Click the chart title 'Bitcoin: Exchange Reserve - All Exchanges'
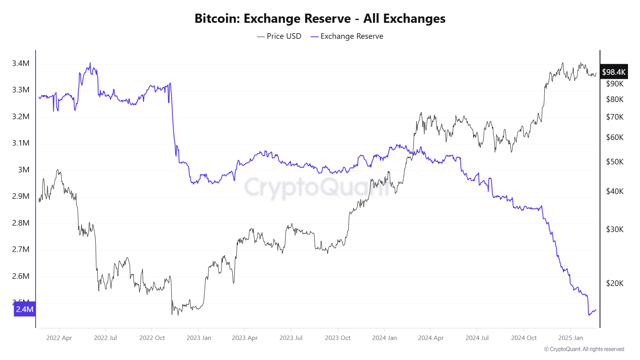coord(320,18)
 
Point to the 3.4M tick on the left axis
coord(21,63)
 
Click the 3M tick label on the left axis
coord(24,170)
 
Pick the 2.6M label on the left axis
coord(21,276)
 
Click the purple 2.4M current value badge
coord(24,309)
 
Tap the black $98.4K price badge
coord(614,72)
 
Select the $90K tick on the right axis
coord(615,84)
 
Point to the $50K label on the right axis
coord(615,162)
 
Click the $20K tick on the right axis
coord(615,283)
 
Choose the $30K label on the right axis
coord(615,229)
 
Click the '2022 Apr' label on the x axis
coord(59,338)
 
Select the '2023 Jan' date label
coord(199,338)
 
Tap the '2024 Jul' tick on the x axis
coord(477,338)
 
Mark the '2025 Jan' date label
coord(570,338)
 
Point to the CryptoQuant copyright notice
coord(584,349)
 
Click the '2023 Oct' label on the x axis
coord(338,338)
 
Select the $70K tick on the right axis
coord(615,117)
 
